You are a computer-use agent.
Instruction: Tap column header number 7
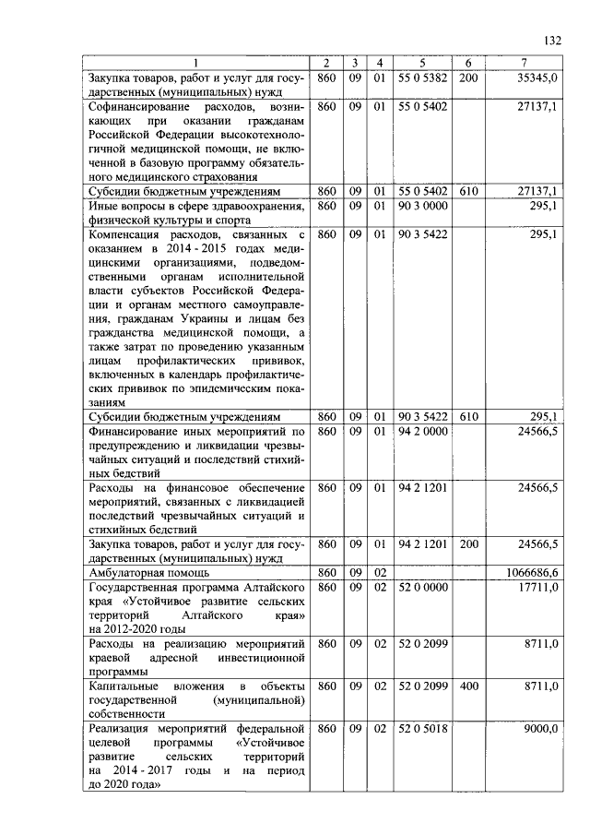click(x=523, y=63)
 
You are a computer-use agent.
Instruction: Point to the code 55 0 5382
click(x=422, y=78)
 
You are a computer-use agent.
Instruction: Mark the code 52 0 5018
click(x=422, y=728)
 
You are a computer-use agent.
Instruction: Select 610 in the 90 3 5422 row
click(x=469, y=417)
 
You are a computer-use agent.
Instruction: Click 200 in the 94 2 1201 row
click(x=469, y=545)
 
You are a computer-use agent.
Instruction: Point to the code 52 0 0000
click(x=422, y=588)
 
